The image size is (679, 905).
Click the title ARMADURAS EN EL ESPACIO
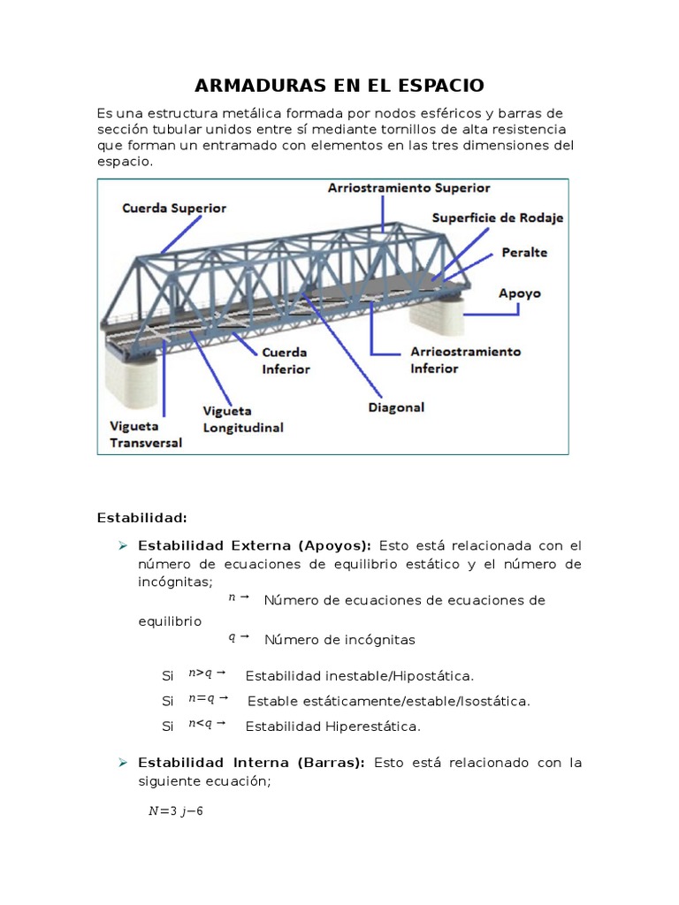tap(339, 86)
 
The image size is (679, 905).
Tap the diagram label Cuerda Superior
tap(173, 209)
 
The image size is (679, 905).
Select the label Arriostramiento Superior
tap(408, 188)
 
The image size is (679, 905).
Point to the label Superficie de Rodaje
tap(497, 217)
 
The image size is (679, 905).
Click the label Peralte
tap(524, 253)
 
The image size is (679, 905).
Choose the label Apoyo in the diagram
tap(520, 293)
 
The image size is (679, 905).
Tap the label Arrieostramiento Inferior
tap(465, 360)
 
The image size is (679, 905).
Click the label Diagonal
tap(396, 407)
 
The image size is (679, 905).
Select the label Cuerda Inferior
tap(286, 361)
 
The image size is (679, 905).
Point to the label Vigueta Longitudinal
tap(243, 419)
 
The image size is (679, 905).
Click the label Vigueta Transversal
tap(145, 434)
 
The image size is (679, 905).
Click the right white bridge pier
tap(442, 314)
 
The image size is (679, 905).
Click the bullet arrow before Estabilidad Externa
tap(124, 545)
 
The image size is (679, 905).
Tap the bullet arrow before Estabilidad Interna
tap(124, 762)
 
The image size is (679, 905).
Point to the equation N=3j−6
tap(177, 812)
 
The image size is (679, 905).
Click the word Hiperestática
tap(373, 727)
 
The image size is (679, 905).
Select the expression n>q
tap(201, 673)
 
